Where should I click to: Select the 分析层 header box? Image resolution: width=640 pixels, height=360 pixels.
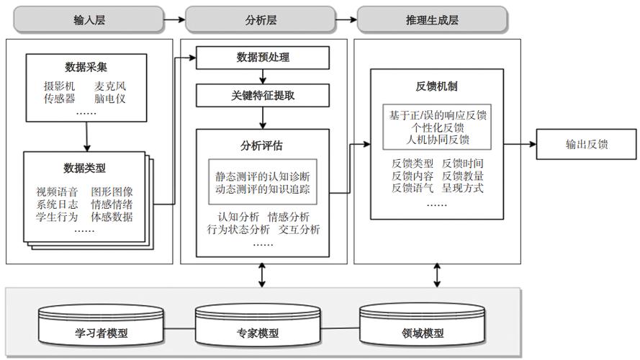point(260,19)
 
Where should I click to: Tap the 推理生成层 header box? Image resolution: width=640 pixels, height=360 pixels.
point(430,19)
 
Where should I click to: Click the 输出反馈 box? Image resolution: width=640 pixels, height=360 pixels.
point(587,144)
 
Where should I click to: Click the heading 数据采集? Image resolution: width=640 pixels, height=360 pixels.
point(86,67)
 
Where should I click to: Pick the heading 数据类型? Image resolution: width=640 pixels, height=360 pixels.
point(84,168)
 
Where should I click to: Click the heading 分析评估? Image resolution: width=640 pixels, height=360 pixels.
point(262,145)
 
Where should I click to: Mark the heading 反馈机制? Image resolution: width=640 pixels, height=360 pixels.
point(437,87)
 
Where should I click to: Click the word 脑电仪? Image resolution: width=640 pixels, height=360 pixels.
point(111,99)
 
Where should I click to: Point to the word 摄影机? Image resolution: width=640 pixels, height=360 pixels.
point(59,86)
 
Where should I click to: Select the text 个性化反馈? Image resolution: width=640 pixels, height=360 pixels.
point(437,127)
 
